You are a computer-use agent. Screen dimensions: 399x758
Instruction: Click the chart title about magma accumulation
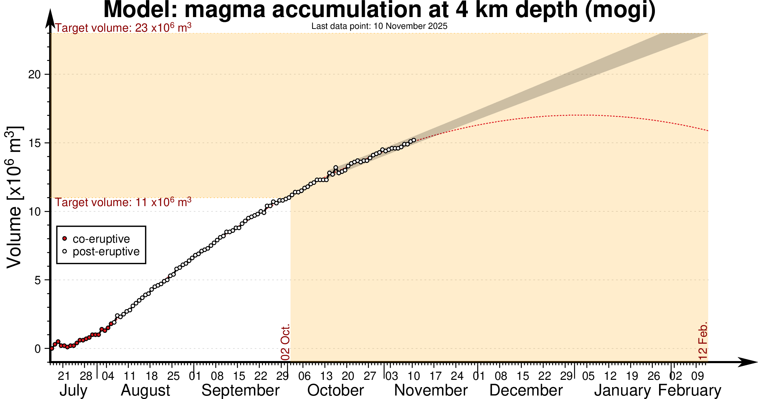pos(379,10)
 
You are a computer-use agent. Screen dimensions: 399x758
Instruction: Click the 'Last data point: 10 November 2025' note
pos(379,26)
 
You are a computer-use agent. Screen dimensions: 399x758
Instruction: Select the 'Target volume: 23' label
pos(123,28)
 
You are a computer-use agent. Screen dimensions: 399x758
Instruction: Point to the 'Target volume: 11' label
pos(123,202)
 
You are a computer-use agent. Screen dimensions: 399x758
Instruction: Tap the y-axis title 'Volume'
pos(15,197)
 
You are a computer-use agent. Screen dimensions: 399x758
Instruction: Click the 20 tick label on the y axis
pos(34,74)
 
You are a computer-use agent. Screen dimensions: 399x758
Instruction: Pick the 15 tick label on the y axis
pos(34,143)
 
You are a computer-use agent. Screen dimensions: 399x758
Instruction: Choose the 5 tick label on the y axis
pos(38,280)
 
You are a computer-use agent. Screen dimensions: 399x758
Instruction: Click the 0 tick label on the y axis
pos(38,349)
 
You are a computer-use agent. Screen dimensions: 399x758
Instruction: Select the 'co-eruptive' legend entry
pos(101,239)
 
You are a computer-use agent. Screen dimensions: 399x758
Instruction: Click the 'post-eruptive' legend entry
pos(106,251)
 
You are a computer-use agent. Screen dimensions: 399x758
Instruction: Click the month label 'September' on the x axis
pos(240,390)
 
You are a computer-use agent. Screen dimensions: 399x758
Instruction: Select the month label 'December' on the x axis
pos(526,390)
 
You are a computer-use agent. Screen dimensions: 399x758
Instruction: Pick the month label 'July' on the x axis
pos(73,390)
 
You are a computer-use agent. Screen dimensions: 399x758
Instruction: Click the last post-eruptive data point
pos(414,140)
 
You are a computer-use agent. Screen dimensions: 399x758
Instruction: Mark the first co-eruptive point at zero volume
pos(52,348)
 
